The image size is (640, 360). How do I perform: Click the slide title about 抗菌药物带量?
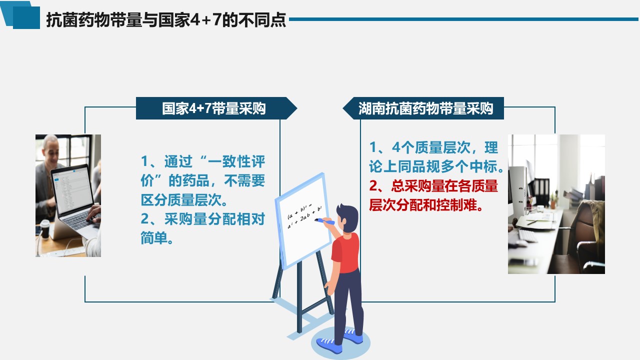click(x=166, y=19)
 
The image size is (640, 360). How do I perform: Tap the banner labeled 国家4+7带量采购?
click(x=216, y=108)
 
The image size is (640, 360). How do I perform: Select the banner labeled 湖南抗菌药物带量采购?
click(x=423, y=108)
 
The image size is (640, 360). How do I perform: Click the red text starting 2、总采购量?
click(x=433, y=195)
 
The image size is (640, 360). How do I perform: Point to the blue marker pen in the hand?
click(x=324, y=221)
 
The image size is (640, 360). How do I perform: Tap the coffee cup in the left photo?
click(x=45, y=229)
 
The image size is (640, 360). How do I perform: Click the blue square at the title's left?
click(x=26, y=17)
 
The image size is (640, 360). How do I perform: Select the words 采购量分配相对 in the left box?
click(x=214, y=219)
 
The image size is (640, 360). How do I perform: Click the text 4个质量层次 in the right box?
click(x=430, y=147)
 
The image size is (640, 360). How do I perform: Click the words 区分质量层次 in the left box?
click(x=181, y=200)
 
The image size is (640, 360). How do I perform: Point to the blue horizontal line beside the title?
click(x=464, y=19)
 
